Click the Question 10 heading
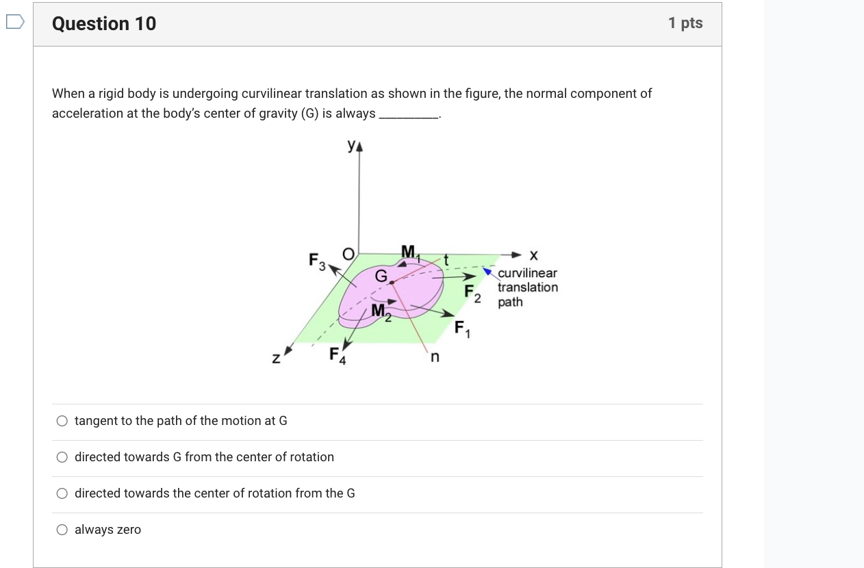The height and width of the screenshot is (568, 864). tap(104, 24)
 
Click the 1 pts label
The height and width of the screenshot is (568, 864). tap(685, 23)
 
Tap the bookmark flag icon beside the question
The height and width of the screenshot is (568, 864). tap(14, 23)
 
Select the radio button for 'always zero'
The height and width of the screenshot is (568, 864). tap(62, 530)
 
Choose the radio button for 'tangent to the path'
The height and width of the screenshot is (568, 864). tap(62, 421)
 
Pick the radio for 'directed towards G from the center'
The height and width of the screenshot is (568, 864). tap(62, 457)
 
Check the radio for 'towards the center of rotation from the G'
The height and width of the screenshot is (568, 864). tap(62, 493)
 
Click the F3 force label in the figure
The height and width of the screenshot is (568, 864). tap(317, 261)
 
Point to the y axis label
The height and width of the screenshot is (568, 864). tap(352, 145)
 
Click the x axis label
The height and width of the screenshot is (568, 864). tap(534, 255)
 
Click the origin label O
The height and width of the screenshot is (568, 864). tap(348, 255)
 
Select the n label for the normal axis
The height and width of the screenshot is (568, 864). tap(434, 357)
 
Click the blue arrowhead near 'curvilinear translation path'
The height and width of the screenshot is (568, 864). tap(488, 272)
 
